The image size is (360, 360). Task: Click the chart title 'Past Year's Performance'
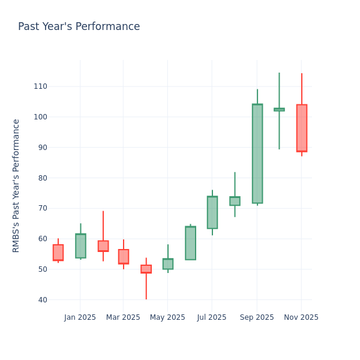[x=79, y=27]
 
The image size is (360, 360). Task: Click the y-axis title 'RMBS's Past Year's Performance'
[x=16, y=185]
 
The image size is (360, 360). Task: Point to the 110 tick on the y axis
[x=40, y=86]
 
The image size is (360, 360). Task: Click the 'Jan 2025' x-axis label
[x=80, y=317]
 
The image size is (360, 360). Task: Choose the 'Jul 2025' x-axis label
[x=211, y=317]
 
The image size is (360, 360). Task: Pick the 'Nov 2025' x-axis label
[x=301, y=317]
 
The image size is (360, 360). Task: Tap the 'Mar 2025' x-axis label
[x=123, y=317]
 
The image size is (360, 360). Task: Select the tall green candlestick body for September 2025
[x=257, y=154]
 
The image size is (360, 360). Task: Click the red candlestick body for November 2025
[x=301, y=128]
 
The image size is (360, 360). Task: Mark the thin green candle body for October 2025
[x=279, y=109]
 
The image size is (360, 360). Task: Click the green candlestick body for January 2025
[x=80, y=246]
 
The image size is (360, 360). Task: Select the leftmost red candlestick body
[x=58, y=253]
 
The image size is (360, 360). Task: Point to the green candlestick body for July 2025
[x=212, y=212]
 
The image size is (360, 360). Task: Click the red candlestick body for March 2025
[x=124, y=257]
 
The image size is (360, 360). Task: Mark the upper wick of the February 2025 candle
[x=103, y=226]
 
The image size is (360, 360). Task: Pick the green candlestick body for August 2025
[x=235, y=201]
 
